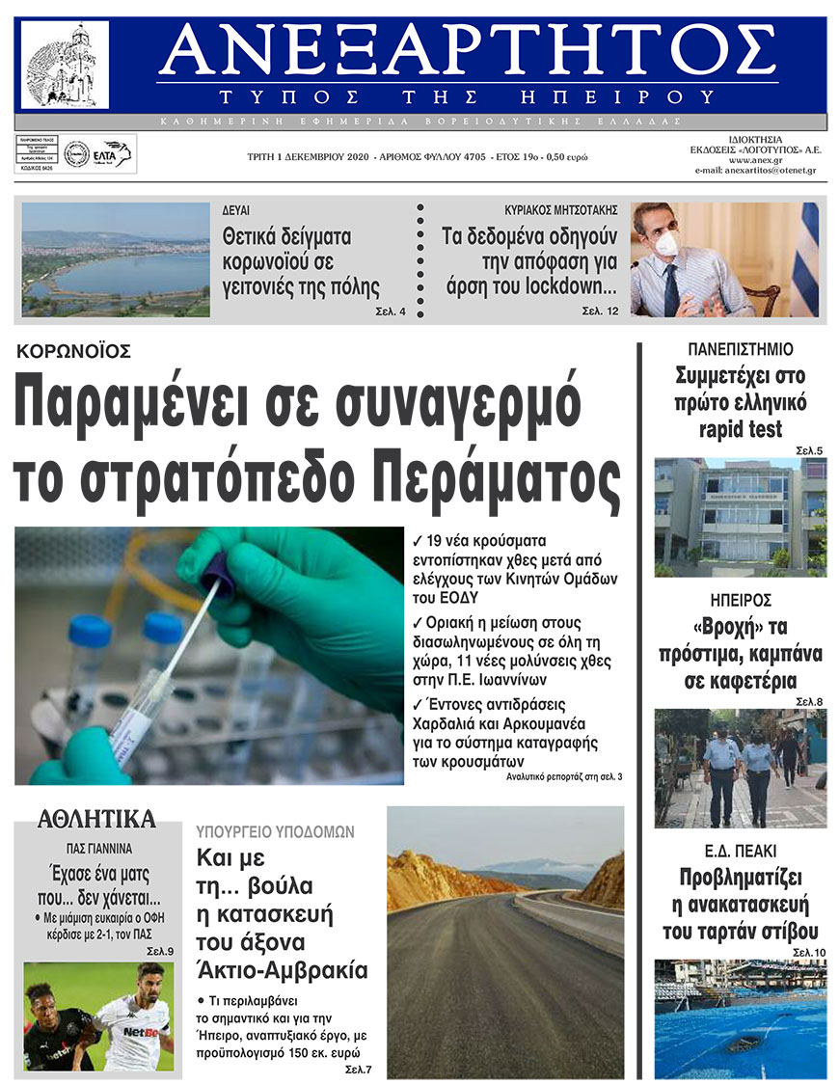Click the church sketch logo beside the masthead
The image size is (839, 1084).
(65, 65)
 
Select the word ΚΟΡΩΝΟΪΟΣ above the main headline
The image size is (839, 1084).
(74, 351)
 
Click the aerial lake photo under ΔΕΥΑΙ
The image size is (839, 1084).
(115, 259)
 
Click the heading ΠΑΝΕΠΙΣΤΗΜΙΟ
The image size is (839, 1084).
(741, 349)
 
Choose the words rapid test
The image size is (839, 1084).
(741, 429)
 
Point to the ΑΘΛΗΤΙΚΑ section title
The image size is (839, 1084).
(96, 820)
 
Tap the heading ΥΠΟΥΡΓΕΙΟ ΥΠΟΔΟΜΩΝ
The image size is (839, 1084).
(276, 830)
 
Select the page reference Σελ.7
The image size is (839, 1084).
(358, 1070)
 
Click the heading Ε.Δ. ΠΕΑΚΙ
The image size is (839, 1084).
(741, 851)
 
